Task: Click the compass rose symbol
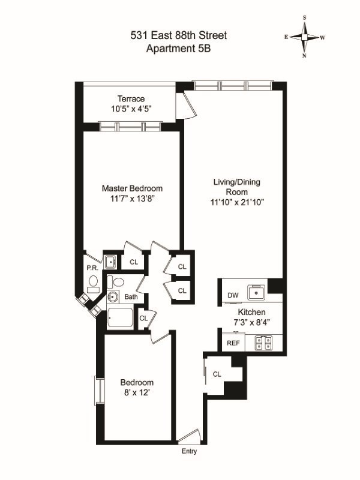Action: (x=304, y=37)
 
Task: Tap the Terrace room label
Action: (x=131, y=99)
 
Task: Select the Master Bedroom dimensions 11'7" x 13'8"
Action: (x=132, y=199)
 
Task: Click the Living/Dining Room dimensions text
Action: (x=237, y=202)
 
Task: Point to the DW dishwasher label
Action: (x=233, y=295)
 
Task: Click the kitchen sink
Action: (x=257, y=293)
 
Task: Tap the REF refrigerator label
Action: (x=233, y=343)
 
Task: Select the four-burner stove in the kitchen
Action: (x=263, y=343)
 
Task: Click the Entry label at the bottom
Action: (x=189, y=451)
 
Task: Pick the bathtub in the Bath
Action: (x=121, y=317)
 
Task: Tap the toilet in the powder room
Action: (x=93, y=283)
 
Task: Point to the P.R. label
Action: (x=92, y=268)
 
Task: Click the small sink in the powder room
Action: (x=110, y=262)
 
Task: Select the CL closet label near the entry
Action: (x=217, y=374)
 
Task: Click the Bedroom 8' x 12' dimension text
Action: (x=137, y=392)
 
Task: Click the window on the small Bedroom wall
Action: (x=100, y=391)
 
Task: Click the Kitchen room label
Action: (x=251, y=312)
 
